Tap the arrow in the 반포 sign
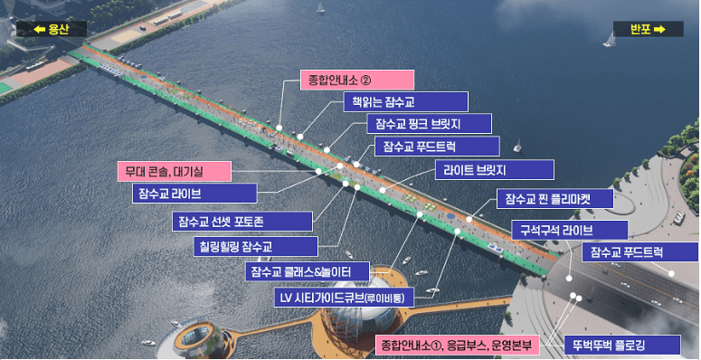point(659,30)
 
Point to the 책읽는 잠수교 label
point(404,101)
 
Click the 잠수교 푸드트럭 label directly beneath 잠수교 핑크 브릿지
point(436,146)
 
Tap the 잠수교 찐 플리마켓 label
point(555,198)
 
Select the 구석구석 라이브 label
point(570,230)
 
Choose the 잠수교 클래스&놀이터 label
point(307,271)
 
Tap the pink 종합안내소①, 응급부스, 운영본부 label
point(457,345)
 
